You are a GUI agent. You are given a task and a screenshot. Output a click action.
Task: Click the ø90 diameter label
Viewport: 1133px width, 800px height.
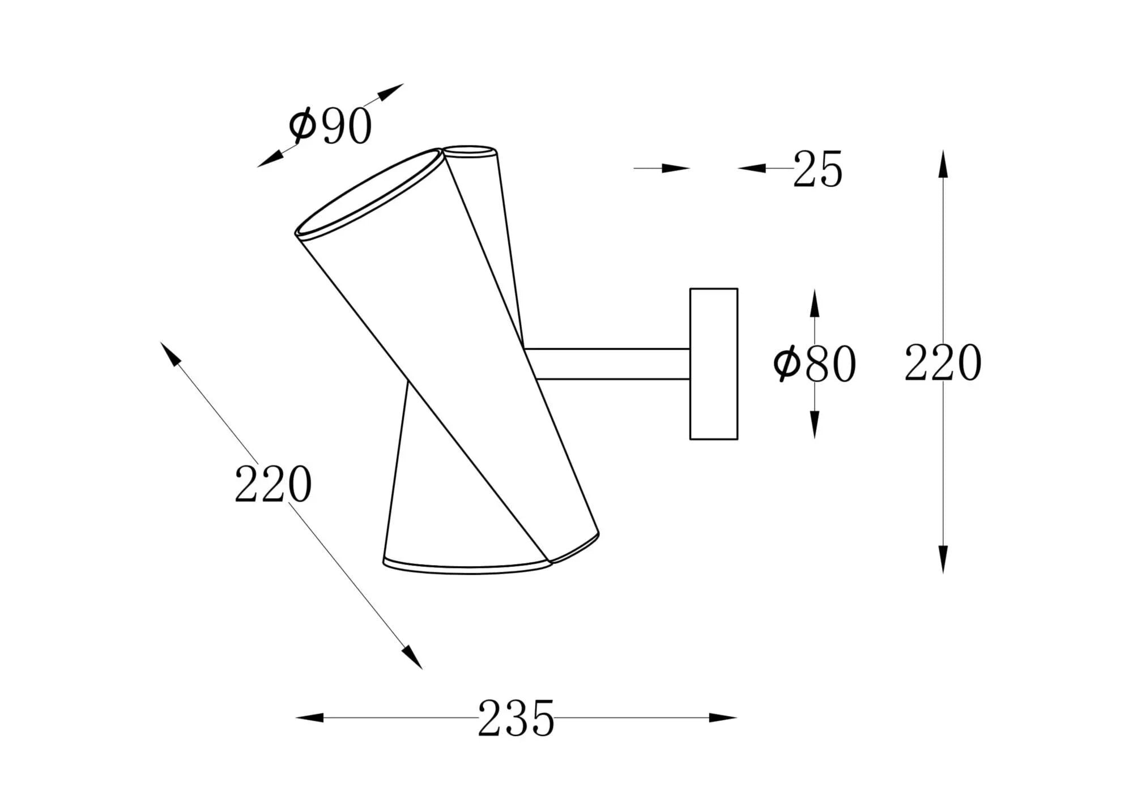(x=330, y=126)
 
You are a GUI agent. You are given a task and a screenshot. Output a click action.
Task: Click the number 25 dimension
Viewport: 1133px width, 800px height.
(x=817, y=169)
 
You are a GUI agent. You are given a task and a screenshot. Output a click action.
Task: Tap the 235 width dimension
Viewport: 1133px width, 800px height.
(x=516, y=718)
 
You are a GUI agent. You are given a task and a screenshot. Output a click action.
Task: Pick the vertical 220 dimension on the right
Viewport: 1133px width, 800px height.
(x=943, y=362)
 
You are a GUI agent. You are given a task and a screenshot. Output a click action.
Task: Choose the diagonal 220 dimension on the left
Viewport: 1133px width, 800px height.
(x=273, y=484)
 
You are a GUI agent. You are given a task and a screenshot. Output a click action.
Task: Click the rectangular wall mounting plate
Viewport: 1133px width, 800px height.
(x=714, y=364)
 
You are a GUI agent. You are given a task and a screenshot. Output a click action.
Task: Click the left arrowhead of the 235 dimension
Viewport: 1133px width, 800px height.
(x=310, y=718)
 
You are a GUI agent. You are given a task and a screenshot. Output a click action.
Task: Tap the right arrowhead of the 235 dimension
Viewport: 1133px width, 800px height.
(x=723, y=718)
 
